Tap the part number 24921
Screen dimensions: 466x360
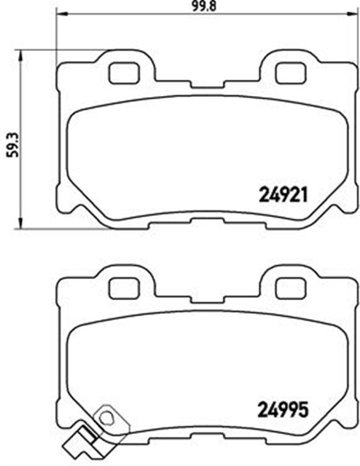284,194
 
